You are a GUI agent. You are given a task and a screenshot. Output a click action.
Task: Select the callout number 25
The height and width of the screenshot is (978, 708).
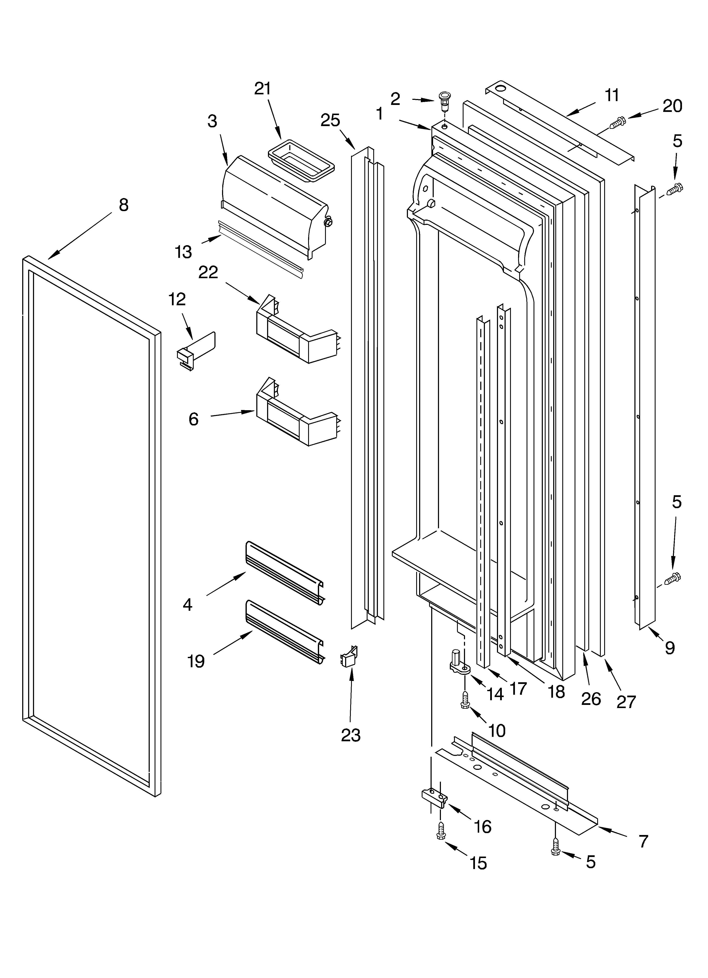tap(330, 120)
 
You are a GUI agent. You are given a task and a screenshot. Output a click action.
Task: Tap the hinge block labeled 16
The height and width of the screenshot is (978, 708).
tap(433, 796)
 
